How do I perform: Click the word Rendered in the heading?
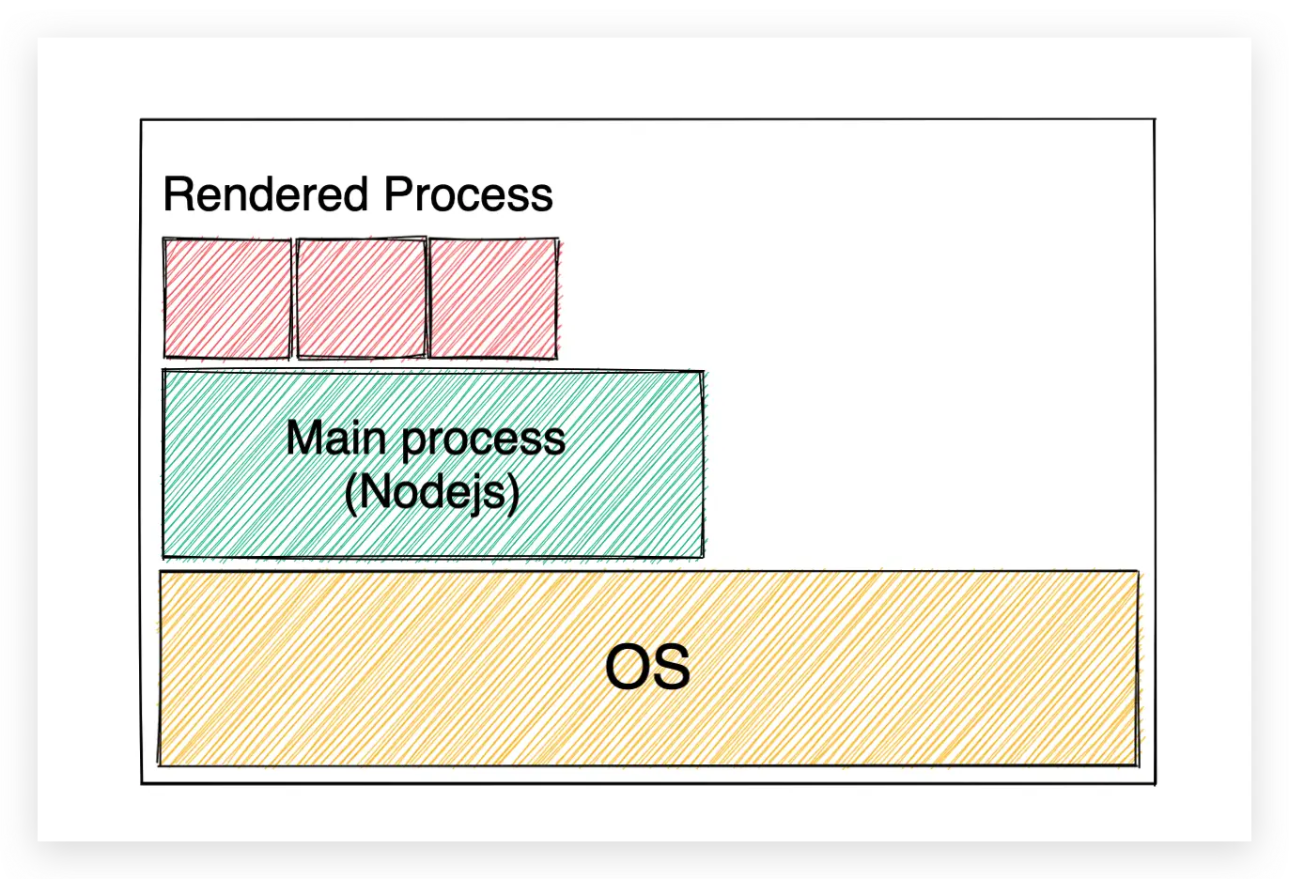(265, 194)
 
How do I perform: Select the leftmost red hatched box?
(227, 299)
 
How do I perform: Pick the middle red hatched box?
(361, 299)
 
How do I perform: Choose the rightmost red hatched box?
(493, 299)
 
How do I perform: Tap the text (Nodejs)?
(432, 491)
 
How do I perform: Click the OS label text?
(647, 668)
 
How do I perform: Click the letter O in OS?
(626, 668)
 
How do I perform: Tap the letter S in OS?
(672, 668)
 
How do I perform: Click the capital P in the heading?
(398, 194)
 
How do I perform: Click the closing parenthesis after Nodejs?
(513, 492)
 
